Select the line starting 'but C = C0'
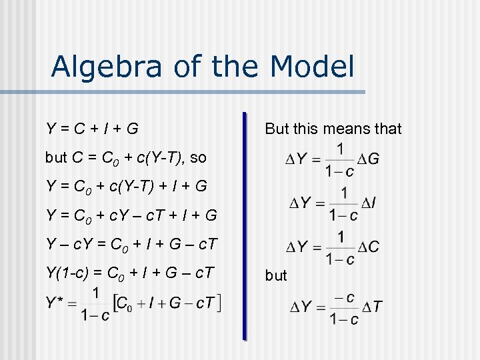tap(125, 158)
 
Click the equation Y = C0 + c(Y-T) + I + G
tap(126, 186)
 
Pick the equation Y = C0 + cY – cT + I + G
tap(131, 215)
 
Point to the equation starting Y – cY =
tap(131, 245)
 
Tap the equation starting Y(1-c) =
tap(131, 273)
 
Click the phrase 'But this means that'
tap(333, 129)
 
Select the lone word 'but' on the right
tap(276, 275)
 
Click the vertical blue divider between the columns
tap(245, 227)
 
